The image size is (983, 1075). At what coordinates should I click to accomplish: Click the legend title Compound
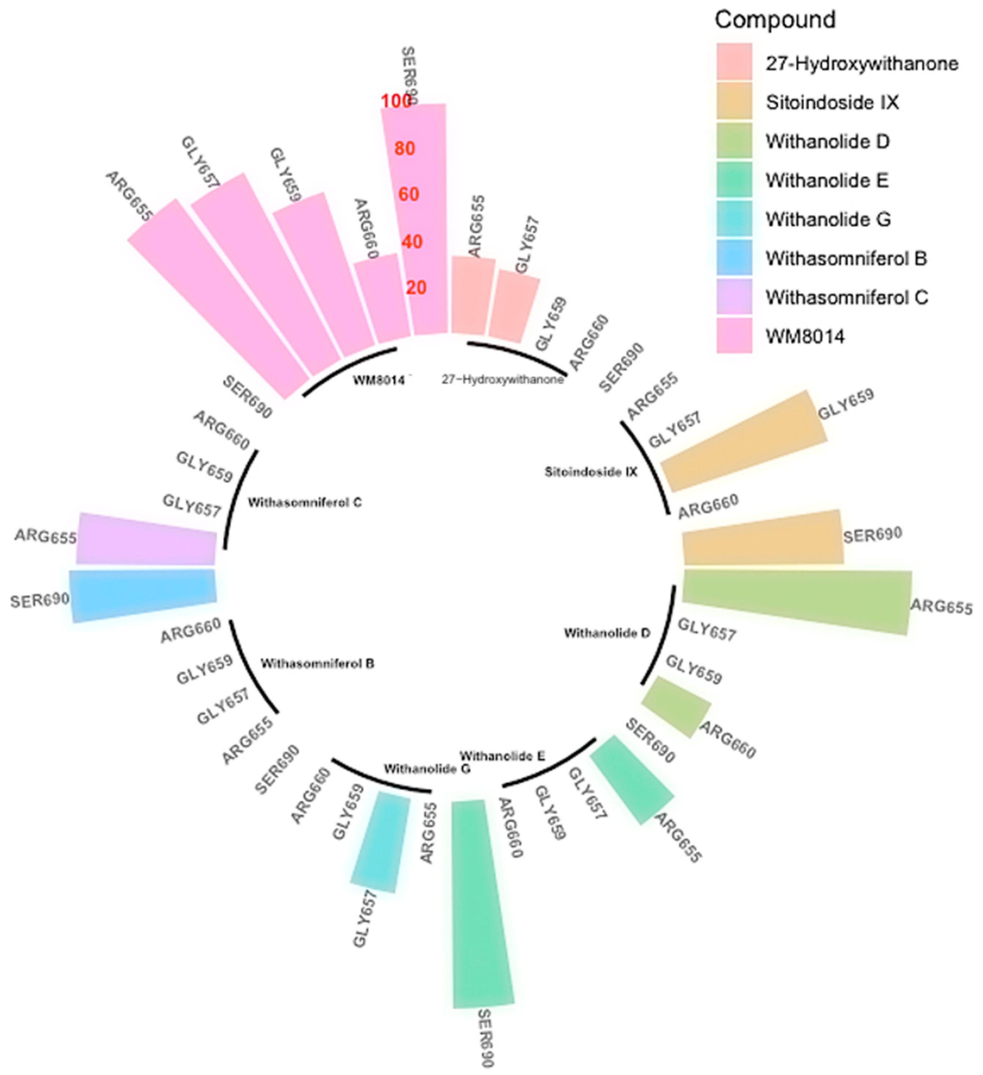click(774, 20)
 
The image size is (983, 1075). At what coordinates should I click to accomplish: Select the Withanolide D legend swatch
click(734, 141)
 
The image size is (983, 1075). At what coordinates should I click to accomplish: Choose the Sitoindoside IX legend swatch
click(734, 101)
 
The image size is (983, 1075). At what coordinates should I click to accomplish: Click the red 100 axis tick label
click(396, 101)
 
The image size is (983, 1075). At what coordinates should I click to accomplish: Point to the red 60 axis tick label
click(409, 194)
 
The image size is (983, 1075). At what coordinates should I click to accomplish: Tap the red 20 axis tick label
click(416, 288)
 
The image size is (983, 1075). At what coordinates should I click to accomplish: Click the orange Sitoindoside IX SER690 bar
click(763, 538)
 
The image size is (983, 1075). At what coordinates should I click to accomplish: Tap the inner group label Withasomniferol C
click(304, 502)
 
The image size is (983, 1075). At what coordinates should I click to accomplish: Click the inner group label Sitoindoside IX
click(591, 472)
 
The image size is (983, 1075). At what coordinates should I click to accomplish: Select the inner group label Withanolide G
click(427, 769)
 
